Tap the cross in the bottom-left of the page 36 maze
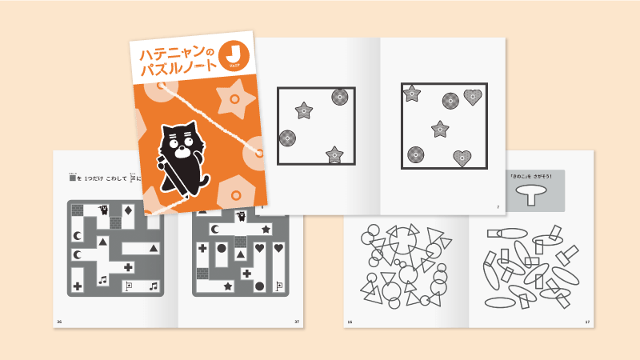[78, 286]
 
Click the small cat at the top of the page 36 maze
[103, 210]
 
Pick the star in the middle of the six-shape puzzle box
[439, 128]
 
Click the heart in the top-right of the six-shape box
[473, 98]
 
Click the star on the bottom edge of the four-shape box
[334, 154]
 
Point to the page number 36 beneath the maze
[58, 322]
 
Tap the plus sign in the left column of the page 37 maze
[202, 249]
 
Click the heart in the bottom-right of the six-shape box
[462, 157]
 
